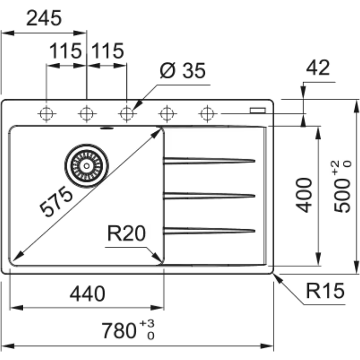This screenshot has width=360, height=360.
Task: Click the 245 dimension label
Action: click(x=44, y=18)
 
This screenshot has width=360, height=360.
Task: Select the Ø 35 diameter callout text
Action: click(x=182, y=71)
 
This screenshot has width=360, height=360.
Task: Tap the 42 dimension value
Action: click(x=318, y=68)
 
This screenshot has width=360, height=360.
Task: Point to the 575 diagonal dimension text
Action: click(x=56, y=201)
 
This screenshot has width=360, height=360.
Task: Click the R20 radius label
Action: click(x=126, y=233)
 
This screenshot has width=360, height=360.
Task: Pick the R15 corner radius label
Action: click(x=325, y=290)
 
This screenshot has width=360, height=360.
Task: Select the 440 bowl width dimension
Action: click(x=87, y=294)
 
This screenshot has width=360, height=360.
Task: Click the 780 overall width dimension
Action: click(x=128, y=330)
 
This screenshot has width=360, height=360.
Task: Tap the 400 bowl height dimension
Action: click(x=304, y=195)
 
